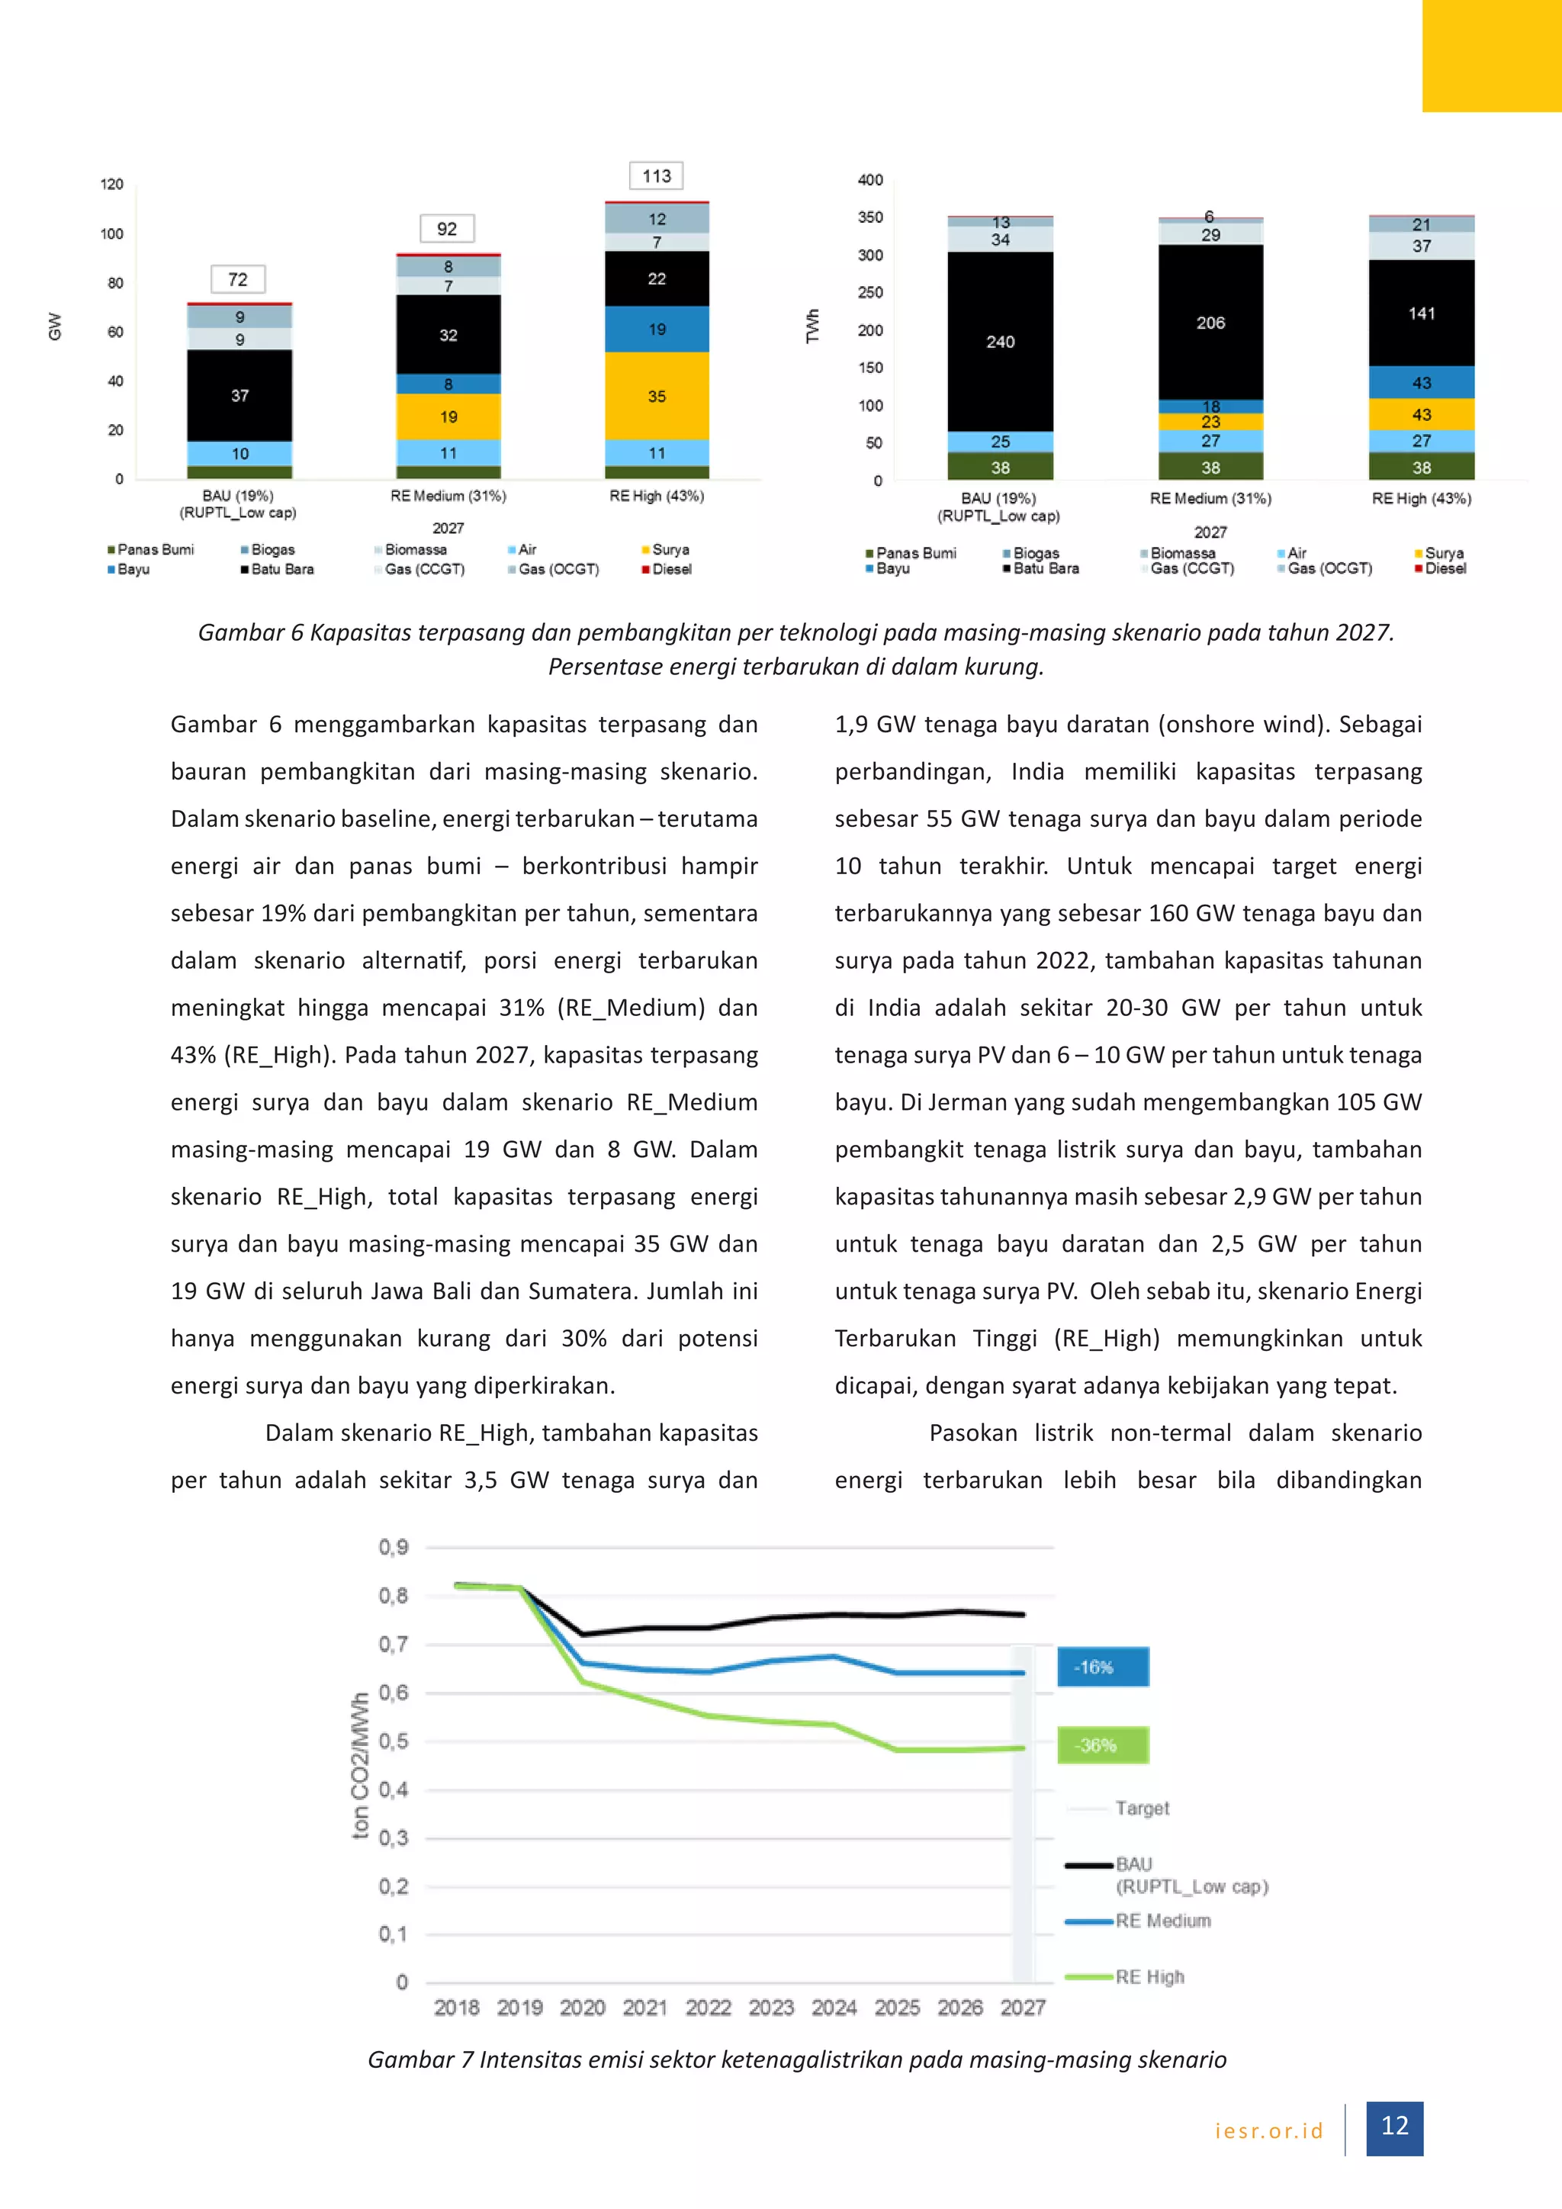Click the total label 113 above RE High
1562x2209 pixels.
[x=657, y=176]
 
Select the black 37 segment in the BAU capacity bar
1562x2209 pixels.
[x=239, y=395]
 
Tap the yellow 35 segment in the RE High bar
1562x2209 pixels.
[x=657, y=397]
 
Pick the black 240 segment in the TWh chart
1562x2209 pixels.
[x=1001, y=342]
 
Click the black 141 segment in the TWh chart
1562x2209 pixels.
[x=1422, y=314]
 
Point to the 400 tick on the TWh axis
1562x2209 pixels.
[x=870, y=180]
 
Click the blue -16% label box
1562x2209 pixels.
[x=1102, y=1667]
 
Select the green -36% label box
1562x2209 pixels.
[x=1102, y=1744]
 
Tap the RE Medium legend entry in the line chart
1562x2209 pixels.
[x=1162, y=1921]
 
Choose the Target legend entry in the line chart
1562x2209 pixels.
[x=1142, y=1808]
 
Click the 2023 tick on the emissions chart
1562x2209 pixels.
[x=771, y=2007]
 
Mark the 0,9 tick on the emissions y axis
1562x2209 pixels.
[x=394, y=1547]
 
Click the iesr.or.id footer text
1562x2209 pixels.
[x=1268, y=2130]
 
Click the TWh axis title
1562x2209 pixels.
[x=813, y=326]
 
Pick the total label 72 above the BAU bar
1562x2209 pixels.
[x=237, y=280]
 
